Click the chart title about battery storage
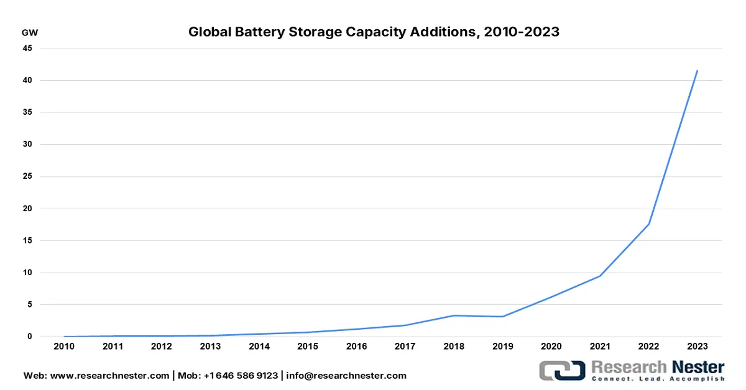(374, 32)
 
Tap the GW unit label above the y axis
(29, 32)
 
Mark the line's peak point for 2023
(697, 71)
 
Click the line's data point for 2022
(648, 224)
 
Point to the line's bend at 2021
(599, 276)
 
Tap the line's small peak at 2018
(453, 315)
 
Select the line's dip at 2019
(502, 317)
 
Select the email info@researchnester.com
(346, 376)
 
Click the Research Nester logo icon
(561, 370)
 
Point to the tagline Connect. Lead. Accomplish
(658, 378)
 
